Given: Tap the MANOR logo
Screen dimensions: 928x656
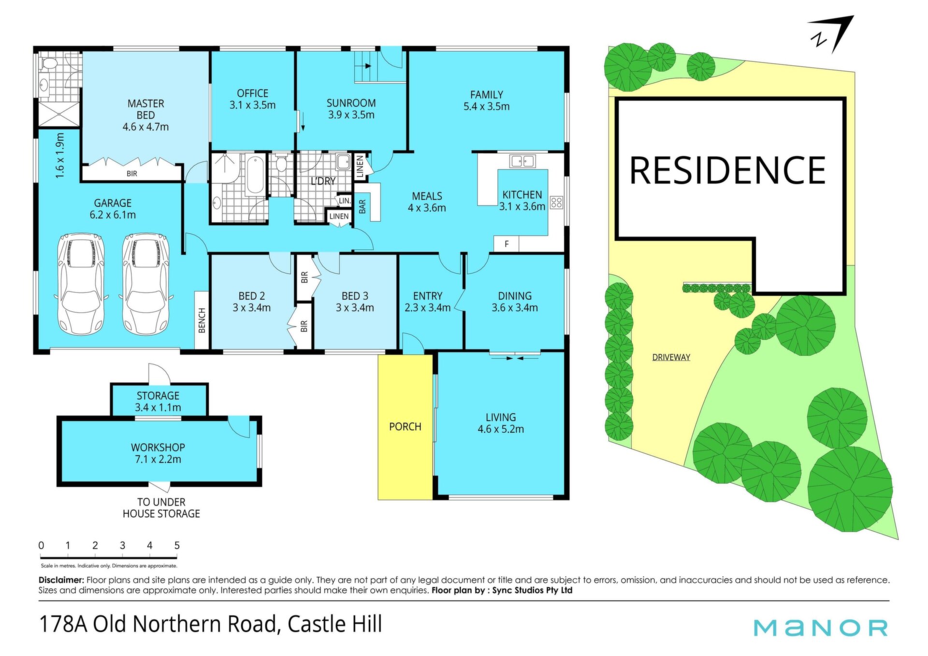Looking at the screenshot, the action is (x=821, y=627).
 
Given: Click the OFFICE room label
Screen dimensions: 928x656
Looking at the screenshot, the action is (x=253, y=93).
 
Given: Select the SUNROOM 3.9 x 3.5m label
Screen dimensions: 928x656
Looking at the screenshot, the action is (x=351, y=109).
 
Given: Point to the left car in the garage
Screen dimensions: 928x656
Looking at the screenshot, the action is (x=81, y=284).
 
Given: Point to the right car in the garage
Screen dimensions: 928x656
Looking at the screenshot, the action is (x=145, y=284).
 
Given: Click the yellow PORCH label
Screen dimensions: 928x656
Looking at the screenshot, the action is (x=405, y=427).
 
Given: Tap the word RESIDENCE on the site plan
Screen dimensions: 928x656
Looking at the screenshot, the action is (x=727, y=170).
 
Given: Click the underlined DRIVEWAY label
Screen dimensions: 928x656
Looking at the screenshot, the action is (x=671, y=358).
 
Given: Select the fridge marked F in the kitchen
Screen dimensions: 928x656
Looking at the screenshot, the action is (x=506, y=244).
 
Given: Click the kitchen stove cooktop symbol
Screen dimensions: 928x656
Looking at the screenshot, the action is (x=556, y=203).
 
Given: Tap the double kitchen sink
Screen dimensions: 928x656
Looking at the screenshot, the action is (x=522, y=160).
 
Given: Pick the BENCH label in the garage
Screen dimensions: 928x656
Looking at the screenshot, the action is (x=202, y=320).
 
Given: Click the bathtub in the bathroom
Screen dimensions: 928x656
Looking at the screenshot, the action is (x=255, y=175).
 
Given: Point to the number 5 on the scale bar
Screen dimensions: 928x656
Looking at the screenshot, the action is (x=177, y=545).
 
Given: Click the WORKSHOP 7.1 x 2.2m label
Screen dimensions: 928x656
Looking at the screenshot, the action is (x=158, y=453).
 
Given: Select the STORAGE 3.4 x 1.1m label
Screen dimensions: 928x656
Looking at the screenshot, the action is (x=158, y=402).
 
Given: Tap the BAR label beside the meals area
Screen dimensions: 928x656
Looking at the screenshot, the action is (x=362, y=207).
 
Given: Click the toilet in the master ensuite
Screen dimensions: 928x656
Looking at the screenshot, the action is (x=48, y=63).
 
